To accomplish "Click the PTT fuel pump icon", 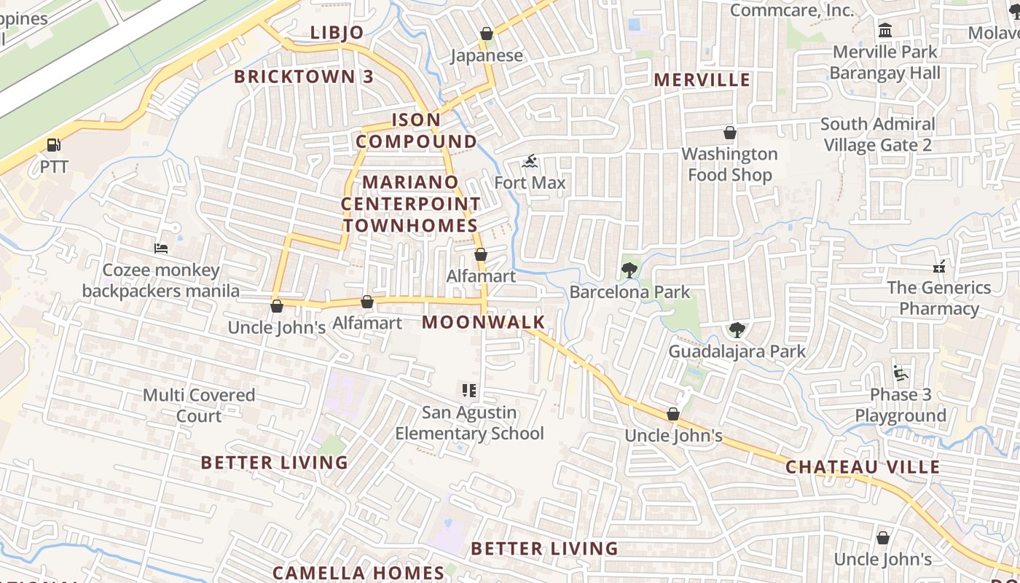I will click(x=53, y=145).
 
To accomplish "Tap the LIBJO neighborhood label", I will click(x=337, y=33).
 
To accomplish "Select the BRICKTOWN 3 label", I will click(x=304, y=77).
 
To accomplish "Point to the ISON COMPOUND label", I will click(x=417, y=130).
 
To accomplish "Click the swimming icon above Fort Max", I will click(x=530, y=161).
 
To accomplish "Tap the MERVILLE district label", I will click(x=702, y=79).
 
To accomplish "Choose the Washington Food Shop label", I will click(x=729, y=165).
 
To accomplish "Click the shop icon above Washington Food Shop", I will click(x=729, y=133).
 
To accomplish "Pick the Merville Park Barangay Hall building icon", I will click(x=885, y=31).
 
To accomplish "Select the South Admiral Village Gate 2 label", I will click(x=877, y=135).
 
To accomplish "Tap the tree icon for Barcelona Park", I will click(x=629, y=271).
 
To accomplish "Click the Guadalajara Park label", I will click(x=737, y=351).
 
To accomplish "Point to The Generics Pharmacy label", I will click(x=939, y=298).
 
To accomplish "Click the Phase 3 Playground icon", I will click(x=901, y=374).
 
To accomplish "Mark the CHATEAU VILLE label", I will click(x=863, y=467).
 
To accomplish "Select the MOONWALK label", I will click(x=484, y=322).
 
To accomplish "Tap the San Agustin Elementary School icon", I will click(x=469, y=391).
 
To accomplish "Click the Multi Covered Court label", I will click(x=199, y=406).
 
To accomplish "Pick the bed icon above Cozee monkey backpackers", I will click(x=161, y=249).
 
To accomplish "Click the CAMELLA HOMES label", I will click(x=358, y=573).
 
